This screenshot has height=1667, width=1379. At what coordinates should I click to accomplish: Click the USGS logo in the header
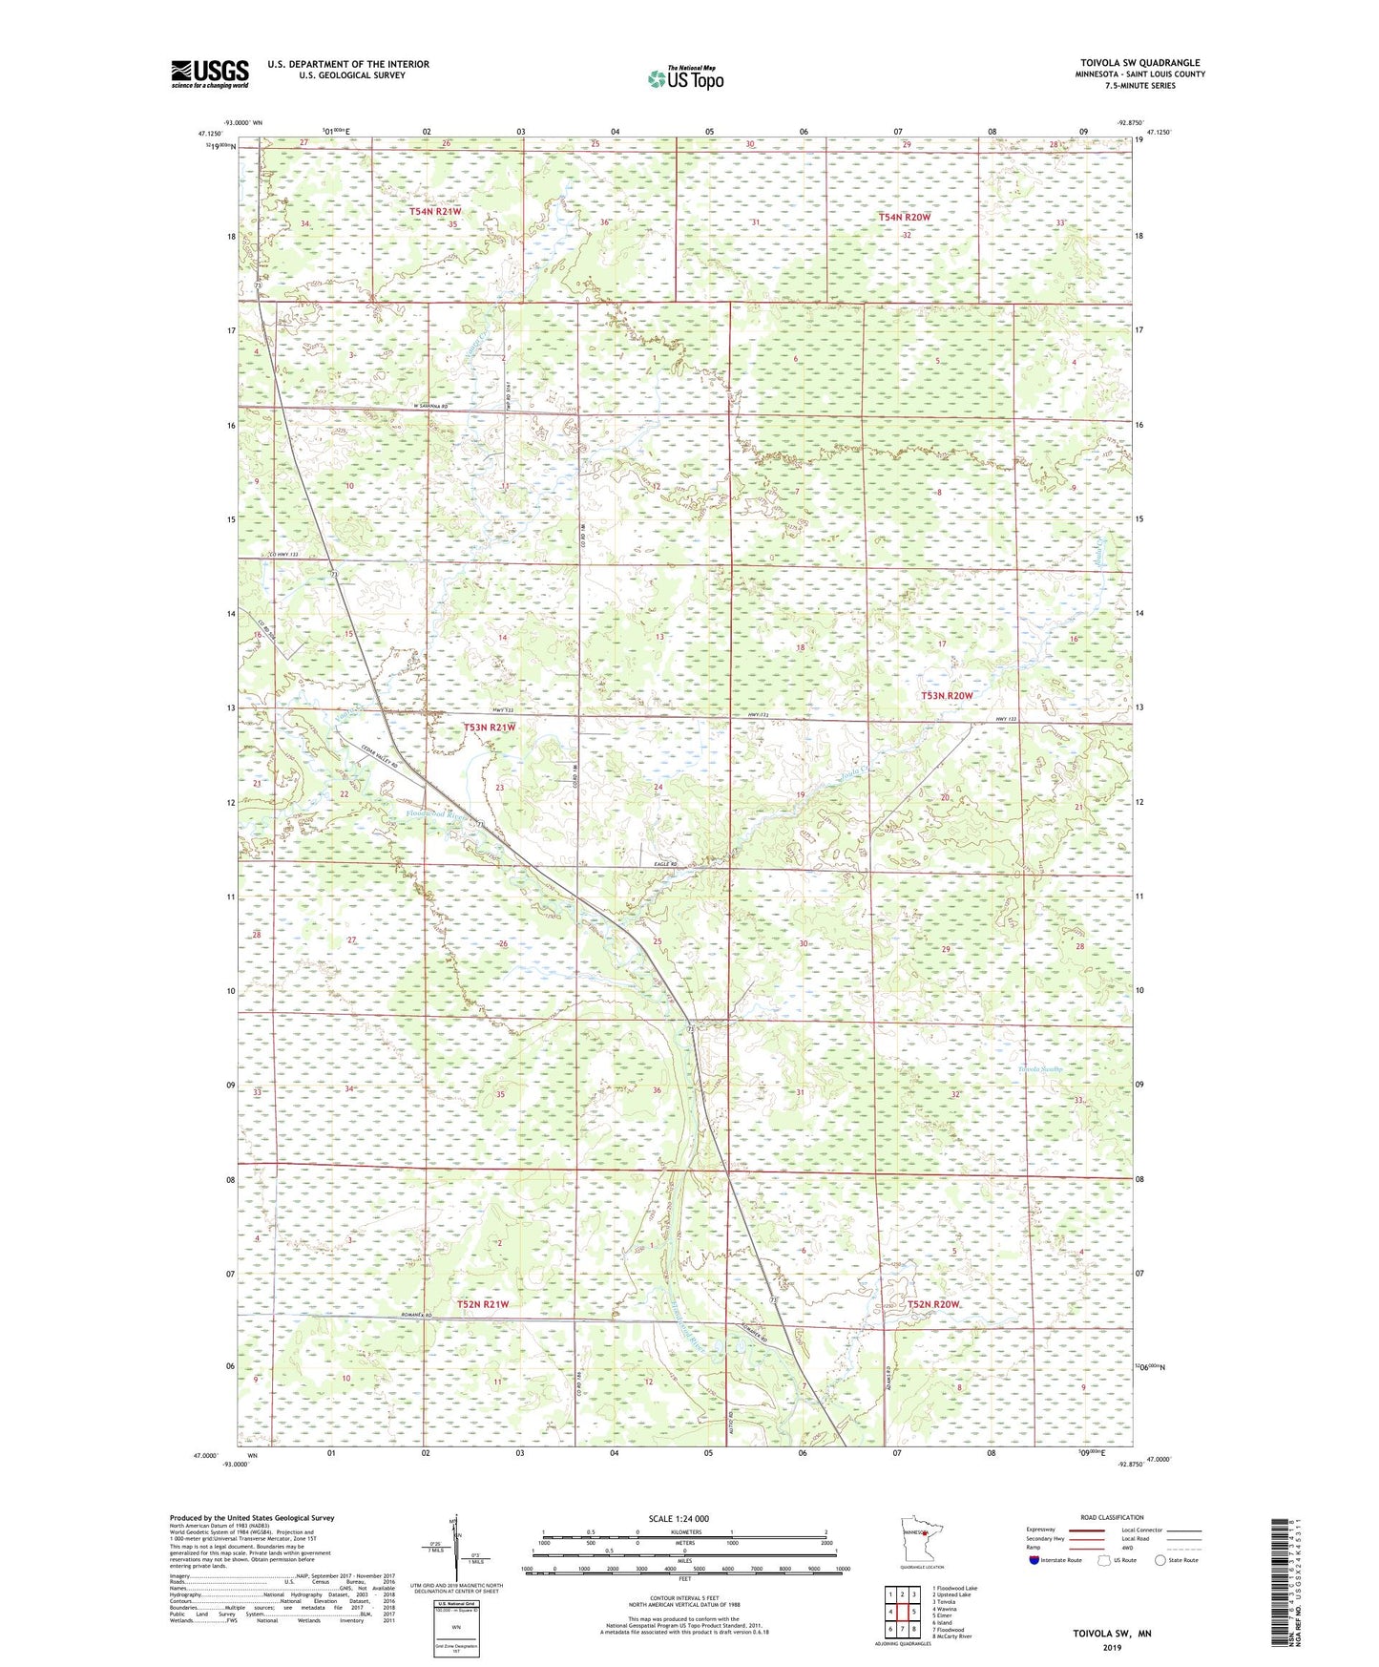[210, 74]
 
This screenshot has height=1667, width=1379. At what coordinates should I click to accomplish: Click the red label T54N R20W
[904, 217]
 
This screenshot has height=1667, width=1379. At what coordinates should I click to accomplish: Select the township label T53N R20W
[947, 696]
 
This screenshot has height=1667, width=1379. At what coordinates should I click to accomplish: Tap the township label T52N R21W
[482, 1303]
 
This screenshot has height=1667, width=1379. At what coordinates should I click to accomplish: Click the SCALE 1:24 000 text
[679, 1518]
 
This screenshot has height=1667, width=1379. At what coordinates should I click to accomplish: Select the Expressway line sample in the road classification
[1087, 1530]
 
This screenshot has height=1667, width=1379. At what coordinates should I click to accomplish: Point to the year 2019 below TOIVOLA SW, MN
[1112, 1647]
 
